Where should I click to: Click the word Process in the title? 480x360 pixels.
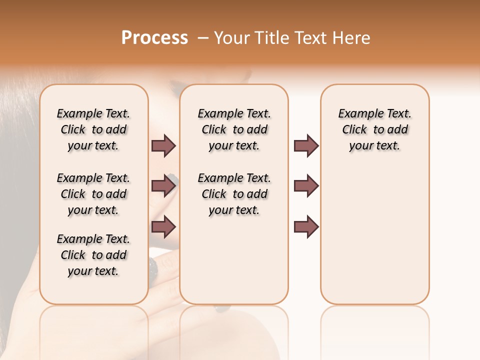click(154, 37)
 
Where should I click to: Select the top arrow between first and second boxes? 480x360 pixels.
click(163, 145)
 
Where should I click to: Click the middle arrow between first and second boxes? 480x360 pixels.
click(163, 186)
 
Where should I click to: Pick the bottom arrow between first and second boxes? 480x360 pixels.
click(163, 227)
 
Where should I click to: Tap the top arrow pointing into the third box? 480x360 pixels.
click(306, 145)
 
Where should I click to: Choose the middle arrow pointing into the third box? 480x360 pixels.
click(306, 186)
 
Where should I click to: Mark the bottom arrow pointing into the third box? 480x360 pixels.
click(306, 227)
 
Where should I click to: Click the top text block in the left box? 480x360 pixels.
click(93, 129)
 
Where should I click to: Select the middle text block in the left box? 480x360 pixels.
click(93, 194)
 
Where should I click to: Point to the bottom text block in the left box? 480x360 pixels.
click(93, 255)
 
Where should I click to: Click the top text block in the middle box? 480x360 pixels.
click(234, 129)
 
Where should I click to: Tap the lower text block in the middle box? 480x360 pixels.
click(234, 194)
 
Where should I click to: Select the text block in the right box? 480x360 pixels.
click(374, 129)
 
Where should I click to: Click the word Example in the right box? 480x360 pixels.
click(357, 114)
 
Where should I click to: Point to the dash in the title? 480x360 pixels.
click(203, 38)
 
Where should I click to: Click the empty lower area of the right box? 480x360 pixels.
click(374, 235)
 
